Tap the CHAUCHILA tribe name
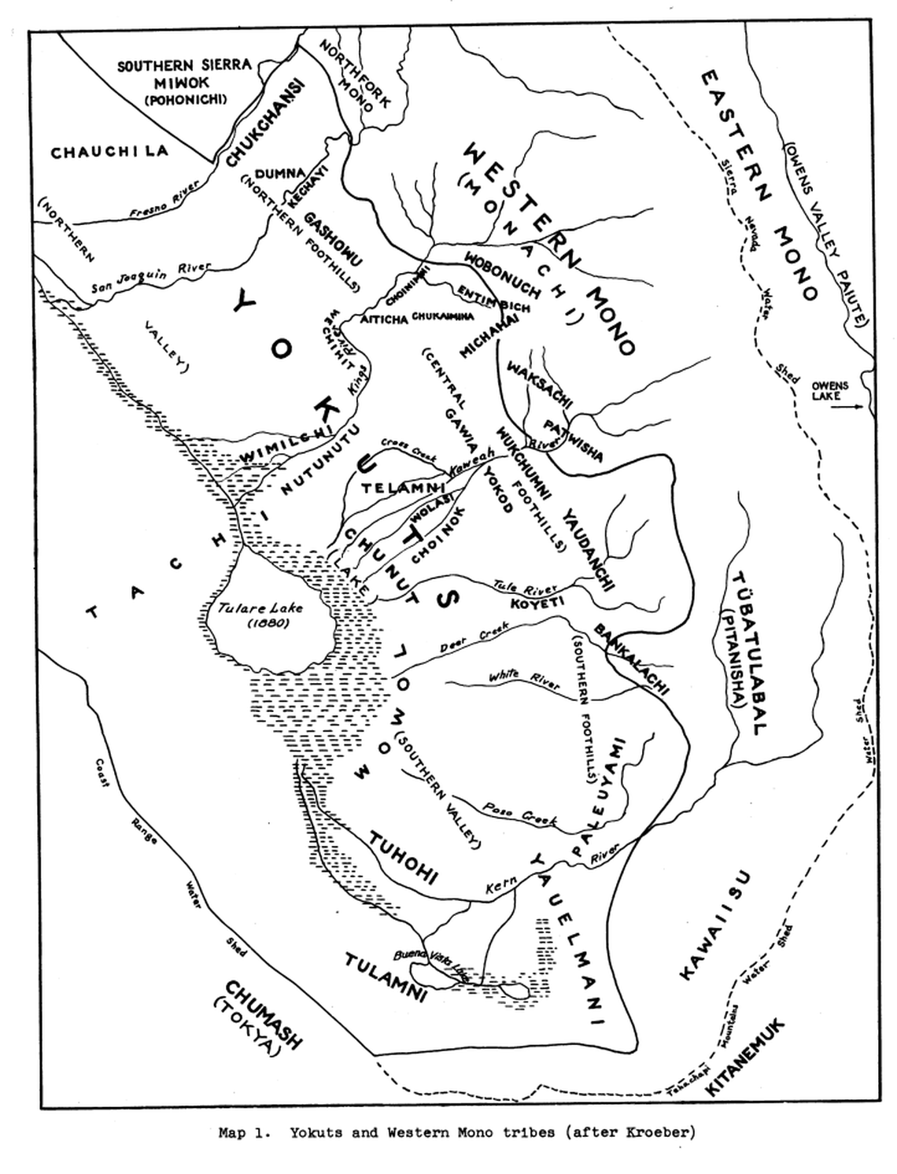click(109, 151)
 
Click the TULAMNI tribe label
click(386, 978)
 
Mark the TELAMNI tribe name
click(397, 488)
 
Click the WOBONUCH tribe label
click(501, 275)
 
